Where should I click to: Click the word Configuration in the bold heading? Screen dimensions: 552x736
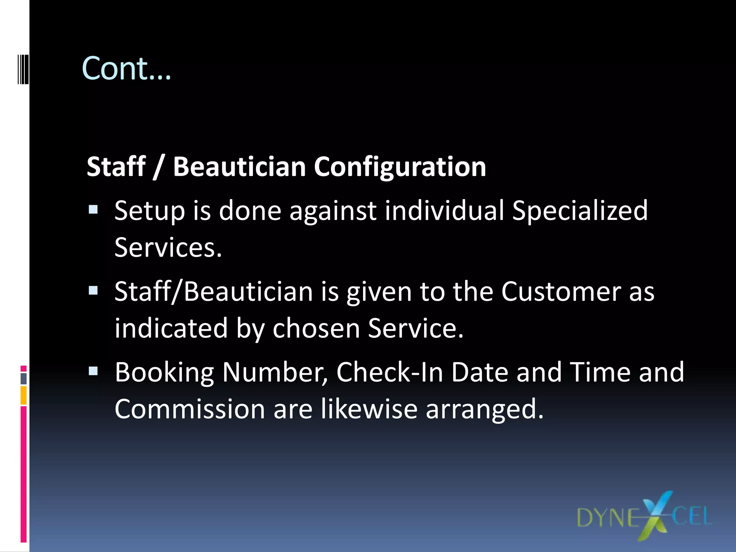pyautogui.click(x=400, y=167)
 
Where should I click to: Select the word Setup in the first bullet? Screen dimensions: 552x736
pyautogui.click(x=149, y=211)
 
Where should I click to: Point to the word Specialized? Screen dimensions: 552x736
pyautogui.click(x=580, y=211)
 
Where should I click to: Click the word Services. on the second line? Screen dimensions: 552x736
pyautogui.click(x=168, y=248)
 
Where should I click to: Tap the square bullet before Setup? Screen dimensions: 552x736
pyautogui.click(x=93, y=210)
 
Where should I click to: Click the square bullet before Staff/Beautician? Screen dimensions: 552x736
pyautogui.click(x=93, y=290)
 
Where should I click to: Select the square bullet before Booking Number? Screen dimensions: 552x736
pyautogui.click(x=93, y=371)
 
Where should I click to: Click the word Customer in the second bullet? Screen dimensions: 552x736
pyautogui.click(x=561, y=291)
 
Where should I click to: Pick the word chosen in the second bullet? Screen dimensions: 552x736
pyautogui.click(x=316, y=328)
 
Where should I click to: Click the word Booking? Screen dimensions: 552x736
pyautogui.click(x=164, y=373)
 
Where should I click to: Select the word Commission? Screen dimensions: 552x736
pyautogui.click(x=190, y=409)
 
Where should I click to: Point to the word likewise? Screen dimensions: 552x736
pyautogui.click(x=369, y=409)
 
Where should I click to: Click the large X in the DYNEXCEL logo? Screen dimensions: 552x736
pyautogui.click(x=656, y=516)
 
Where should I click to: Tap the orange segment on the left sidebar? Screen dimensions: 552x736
pyautogui.click(x=24, y=395)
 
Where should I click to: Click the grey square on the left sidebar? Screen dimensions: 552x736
pyautogui.click(x=24, y=378)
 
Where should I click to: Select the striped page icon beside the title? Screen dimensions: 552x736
pyautogui.click(x=23, y=69)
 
